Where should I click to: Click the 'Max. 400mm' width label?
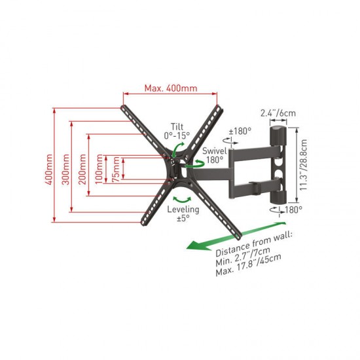pos(171,88)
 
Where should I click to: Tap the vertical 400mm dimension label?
pos(48,170)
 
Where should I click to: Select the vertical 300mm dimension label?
pos(66,170)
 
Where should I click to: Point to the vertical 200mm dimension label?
pos(82,170)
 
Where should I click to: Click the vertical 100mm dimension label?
pos(99,169)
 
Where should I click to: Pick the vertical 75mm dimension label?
pos(116,170)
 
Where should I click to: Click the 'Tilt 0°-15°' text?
pos(177,131)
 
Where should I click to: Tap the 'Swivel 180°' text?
pos(214,155)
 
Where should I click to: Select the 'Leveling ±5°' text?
pos(183,213)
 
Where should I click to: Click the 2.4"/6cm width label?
pos(278,113)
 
